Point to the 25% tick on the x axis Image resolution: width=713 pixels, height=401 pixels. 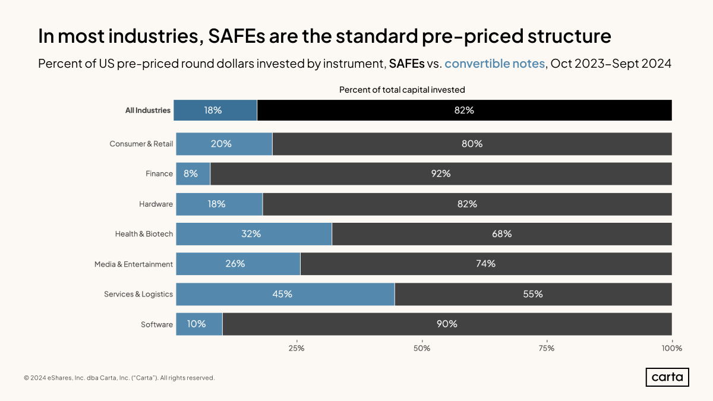pos(296,348)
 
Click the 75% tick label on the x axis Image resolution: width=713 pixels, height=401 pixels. pos(547,348)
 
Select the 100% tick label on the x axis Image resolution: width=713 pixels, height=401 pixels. pos(672,348)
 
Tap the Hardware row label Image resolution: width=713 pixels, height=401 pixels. pos(156,204)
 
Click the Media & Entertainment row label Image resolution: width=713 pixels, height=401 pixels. pos(134,264)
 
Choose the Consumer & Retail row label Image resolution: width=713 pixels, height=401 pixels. pos(141,144)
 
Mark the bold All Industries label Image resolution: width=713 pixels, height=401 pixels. pos(148,110)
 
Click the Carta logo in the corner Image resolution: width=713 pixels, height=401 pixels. pos(667,377)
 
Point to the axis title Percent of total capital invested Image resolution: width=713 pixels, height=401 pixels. pos(402,90)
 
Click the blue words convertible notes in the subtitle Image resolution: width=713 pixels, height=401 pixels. pos(494,64)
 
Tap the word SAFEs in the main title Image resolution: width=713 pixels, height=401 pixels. pos(237,36)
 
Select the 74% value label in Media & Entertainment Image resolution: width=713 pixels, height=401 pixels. pos(485,264)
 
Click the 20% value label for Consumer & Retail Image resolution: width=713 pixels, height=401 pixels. pos(221,144)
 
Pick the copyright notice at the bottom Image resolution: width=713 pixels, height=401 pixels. pos(119,378)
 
